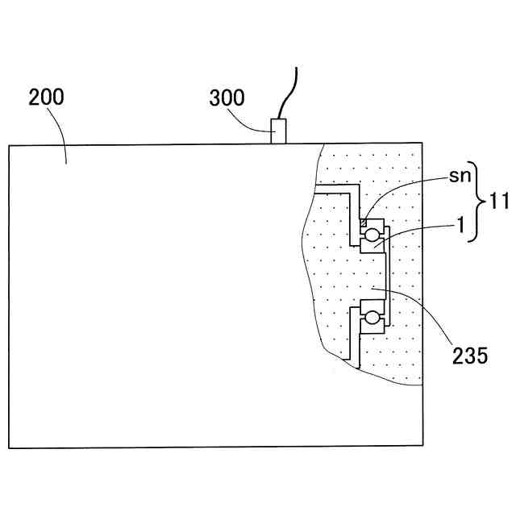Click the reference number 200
[x=46, y=99]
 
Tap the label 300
[x=228, y=100]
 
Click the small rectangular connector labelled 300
[x=278, y=131]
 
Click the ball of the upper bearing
[x=372, y=235]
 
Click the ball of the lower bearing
[x=372, y=318]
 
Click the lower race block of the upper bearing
[x=372, y=247]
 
